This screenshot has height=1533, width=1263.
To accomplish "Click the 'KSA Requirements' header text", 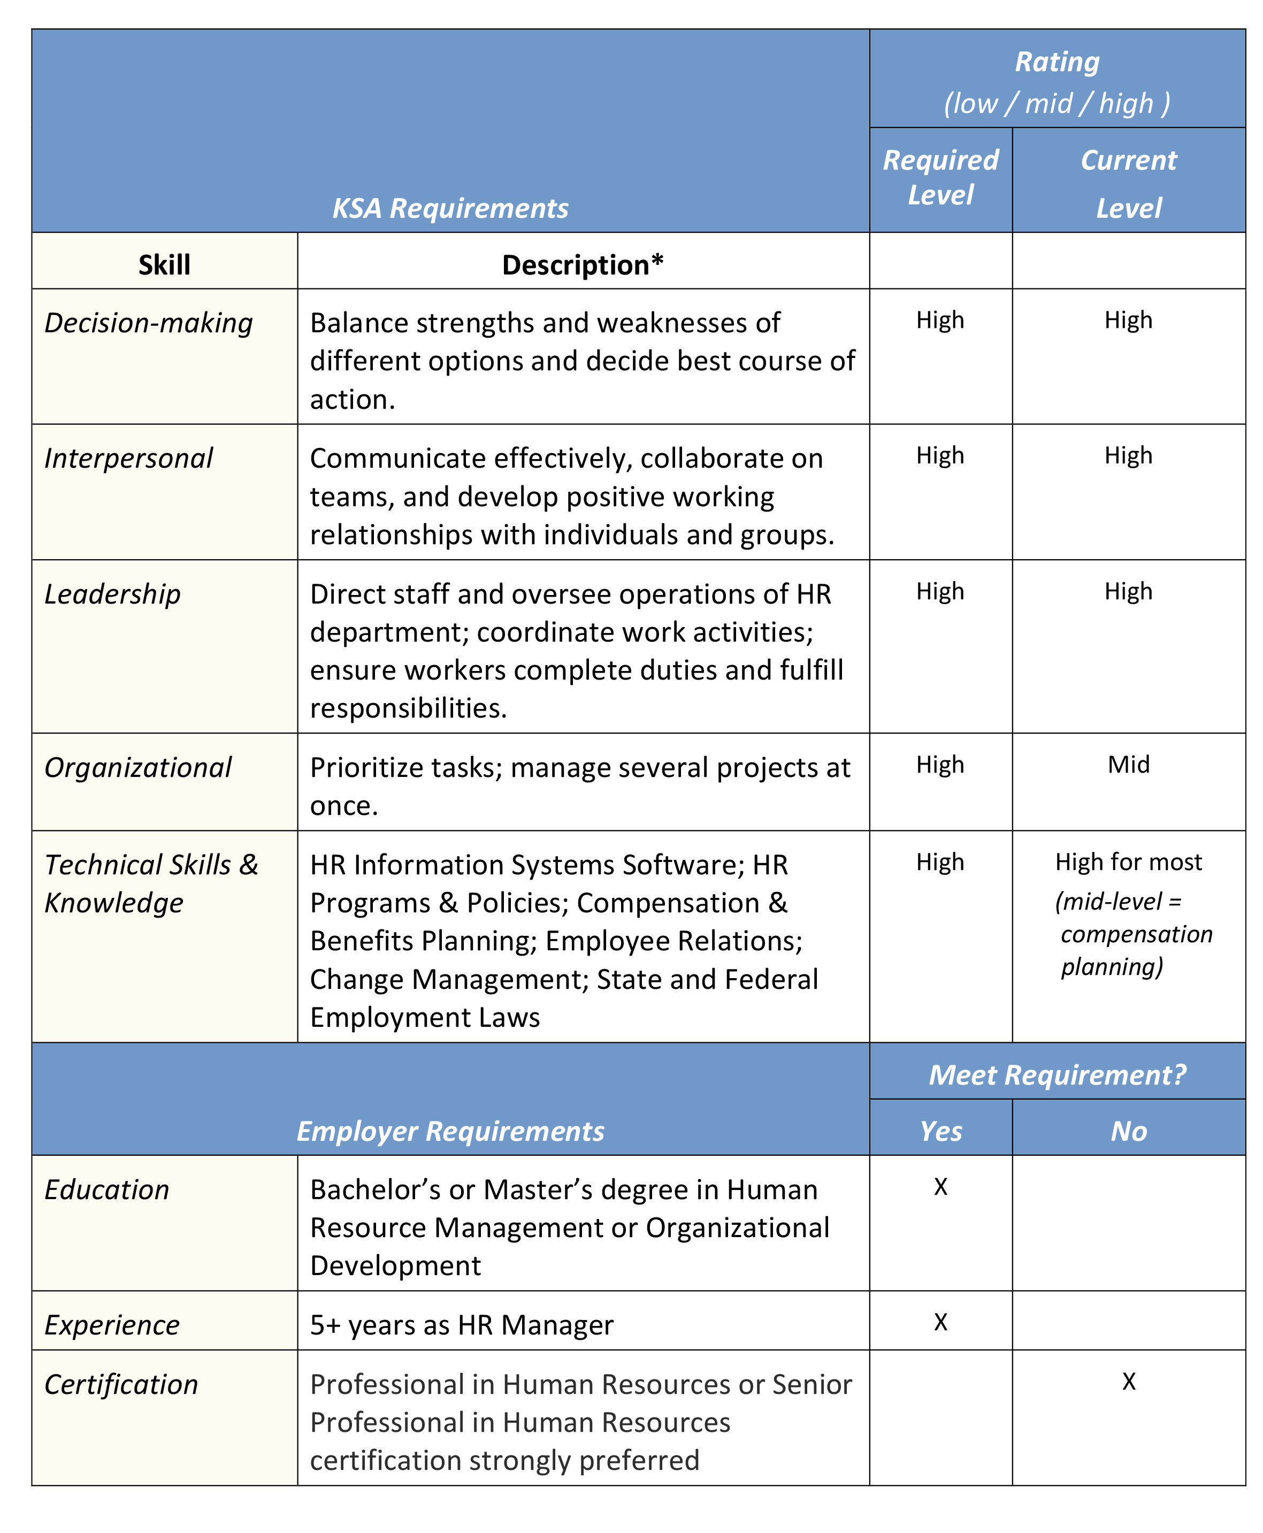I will (x=450, y=209).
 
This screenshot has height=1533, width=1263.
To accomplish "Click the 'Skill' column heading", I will (x=164, y=265).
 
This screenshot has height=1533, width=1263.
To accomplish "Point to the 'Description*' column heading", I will (x=583, y=265).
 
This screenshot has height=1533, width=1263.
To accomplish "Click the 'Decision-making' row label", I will (x=148, y=323).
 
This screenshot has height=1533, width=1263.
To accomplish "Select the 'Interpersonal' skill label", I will (x=129, y=459).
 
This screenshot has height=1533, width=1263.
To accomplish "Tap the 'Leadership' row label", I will (x=113, y=594).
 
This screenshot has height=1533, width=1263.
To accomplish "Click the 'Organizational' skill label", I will (x=138, y=768).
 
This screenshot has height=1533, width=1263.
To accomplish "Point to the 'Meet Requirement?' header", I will (x=1057, y=1074).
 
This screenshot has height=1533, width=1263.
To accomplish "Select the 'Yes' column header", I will (x=941, y=1131).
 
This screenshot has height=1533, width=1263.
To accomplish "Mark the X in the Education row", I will (x=941, y=1187).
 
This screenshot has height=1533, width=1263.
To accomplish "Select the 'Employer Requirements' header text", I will (x=450, y=1131).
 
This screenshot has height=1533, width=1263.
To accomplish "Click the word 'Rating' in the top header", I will (x=1057, y=63).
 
